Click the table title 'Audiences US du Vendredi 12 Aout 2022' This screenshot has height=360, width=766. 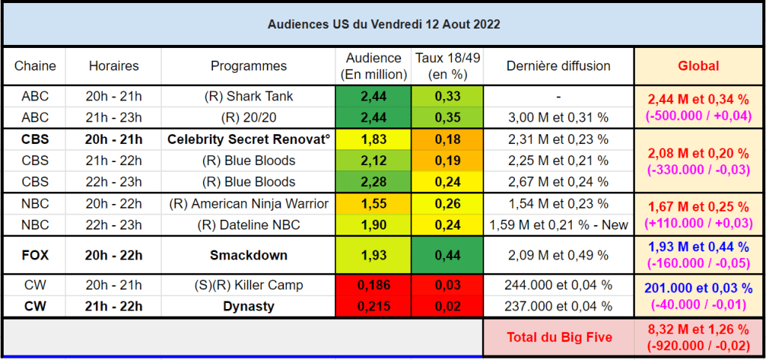384,25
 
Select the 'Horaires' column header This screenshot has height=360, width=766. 114,66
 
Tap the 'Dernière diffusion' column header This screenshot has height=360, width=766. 558,66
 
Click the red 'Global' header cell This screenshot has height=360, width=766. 699,66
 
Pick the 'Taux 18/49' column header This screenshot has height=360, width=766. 447,66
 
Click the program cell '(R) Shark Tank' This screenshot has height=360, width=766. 249,96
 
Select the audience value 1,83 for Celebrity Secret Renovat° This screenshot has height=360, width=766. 373,139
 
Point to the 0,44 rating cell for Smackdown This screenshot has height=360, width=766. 447,255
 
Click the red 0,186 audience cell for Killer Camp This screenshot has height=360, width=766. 373,285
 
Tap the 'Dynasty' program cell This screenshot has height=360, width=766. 249,307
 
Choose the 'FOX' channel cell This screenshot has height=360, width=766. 35,255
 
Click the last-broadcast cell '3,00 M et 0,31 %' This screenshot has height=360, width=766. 558,118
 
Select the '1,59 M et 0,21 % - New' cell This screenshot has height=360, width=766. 558,225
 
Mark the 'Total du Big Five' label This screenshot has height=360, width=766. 558,337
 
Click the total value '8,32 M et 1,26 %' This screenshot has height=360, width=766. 699,328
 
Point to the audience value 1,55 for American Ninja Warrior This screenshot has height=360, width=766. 373,203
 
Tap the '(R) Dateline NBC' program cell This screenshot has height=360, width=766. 249,225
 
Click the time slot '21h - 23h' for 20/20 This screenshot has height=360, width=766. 114,118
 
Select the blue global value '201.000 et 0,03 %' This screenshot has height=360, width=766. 699,287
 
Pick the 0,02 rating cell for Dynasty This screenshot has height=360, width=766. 447,307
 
